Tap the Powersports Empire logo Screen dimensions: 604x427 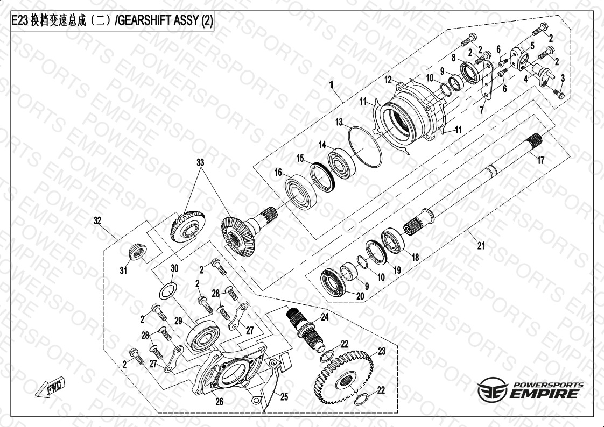coord(530,390)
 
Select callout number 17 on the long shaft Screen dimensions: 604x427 coord(541,160)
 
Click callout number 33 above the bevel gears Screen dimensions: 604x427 coord(200,162)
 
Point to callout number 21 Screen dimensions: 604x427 coord(481,245)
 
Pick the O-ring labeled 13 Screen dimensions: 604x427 coord(365,146)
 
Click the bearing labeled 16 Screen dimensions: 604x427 coord(300,192)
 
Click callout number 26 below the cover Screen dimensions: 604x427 coord(219,402)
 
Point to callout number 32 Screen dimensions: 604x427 coord(97,220)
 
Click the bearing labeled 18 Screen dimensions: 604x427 coord(392,241)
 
